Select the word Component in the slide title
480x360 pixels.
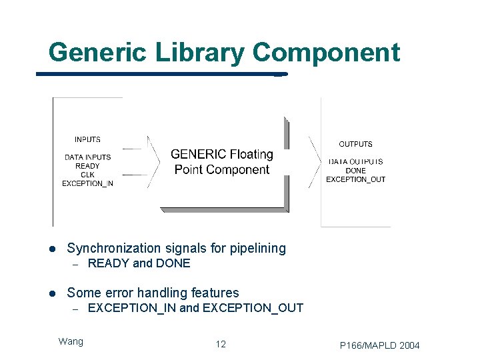pos(326,52)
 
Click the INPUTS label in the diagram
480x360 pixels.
pos(87,139)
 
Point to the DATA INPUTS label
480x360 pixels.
pos(87,157)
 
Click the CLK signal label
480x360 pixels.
pos(87,175)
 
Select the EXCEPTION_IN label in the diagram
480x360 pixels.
pos(87,183)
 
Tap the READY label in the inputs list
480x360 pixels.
pos(87,166)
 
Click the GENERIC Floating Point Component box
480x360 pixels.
pos(222,162)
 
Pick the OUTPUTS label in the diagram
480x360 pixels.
pos(355,144)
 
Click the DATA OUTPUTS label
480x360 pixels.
pos(355,162)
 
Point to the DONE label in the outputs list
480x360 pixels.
pos(355,171)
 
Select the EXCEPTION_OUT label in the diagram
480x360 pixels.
pos(355,179)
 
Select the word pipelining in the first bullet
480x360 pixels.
pos(257,249)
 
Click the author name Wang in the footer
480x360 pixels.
pos(71,341)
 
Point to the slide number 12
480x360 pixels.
pos(221,344)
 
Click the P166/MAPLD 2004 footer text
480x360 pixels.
pos(379,345)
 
